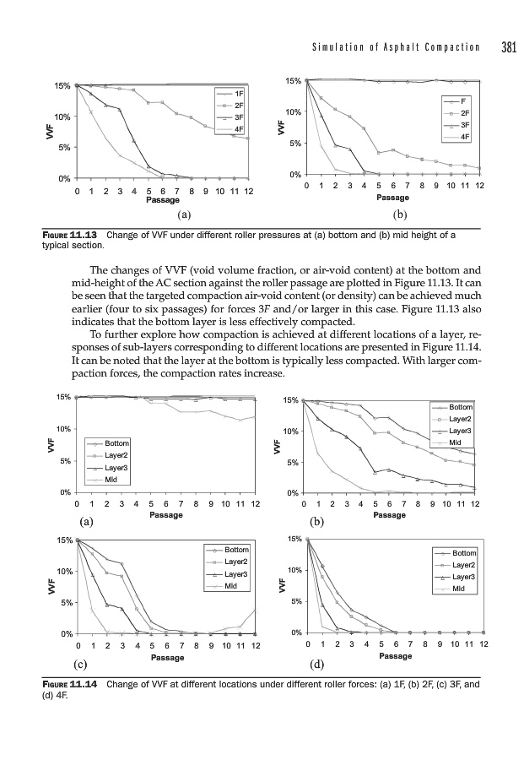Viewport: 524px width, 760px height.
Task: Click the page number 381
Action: [507, 47]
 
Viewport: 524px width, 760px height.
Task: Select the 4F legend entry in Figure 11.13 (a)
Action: [239, 129]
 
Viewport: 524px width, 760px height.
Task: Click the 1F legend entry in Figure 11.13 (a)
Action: [239, 93]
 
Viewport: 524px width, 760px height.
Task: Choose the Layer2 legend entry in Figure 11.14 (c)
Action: [236, 562]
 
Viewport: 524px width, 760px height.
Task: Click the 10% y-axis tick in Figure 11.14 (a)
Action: [63, 429]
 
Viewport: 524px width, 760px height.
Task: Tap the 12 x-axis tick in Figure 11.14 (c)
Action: [255, 646]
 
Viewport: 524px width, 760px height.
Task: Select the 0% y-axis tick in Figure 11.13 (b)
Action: [294, 175]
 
